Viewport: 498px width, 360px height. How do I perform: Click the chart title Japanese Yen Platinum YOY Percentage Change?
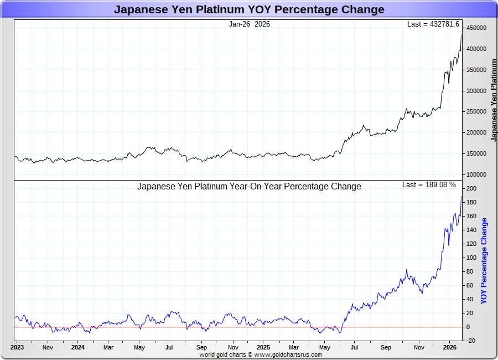point(249,9)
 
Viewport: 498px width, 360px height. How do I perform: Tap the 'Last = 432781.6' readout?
point(433,24)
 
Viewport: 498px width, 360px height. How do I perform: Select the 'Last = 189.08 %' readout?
point(429,185)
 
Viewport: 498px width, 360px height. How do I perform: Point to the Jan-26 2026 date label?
point(250,24)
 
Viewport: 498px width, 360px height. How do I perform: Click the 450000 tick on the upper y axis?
point(476,28)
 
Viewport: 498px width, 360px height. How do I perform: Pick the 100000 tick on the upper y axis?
point(476,174)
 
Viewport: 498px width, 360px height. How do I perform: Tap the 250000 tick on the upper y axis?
point(476,112)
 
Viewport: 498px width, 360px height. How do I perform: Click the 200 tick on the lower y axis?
point(471,189)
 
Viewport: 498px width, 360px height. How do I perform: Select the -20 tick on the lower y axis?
point(471,341)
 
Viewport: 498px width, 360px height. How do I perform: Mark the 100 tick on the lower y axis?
point(471,258)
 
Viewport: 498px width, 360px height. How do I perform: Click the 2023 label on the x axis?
point(17,348)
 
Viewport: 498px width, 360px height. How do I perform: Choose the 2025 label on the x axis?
point(263,348)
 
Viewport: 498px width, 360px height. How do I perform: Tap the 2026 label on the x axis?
point(450,348)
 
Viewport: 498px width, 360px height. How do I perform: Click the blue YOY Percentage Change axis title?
point(484,260)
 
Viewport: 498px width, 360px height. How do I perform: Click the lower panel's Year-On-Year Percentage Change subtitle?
point(249,187)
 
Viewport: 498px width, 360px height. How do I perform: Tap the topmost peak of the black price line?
point(461,35)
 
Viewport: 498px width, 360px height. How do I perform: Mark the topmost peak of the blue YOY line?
point(461,196)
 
